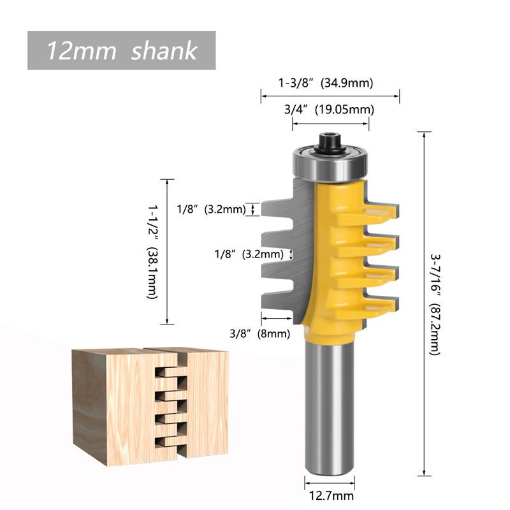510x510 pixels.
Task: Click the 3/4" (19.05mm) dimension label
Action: coord(328,110)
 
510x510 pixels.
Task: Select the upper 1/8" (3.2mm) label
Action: coord(211,208)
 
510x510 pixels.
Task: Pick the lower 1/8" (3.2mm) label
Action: coord(249,254)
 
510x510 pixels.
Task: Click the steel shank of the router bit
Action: coord(330,408)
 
